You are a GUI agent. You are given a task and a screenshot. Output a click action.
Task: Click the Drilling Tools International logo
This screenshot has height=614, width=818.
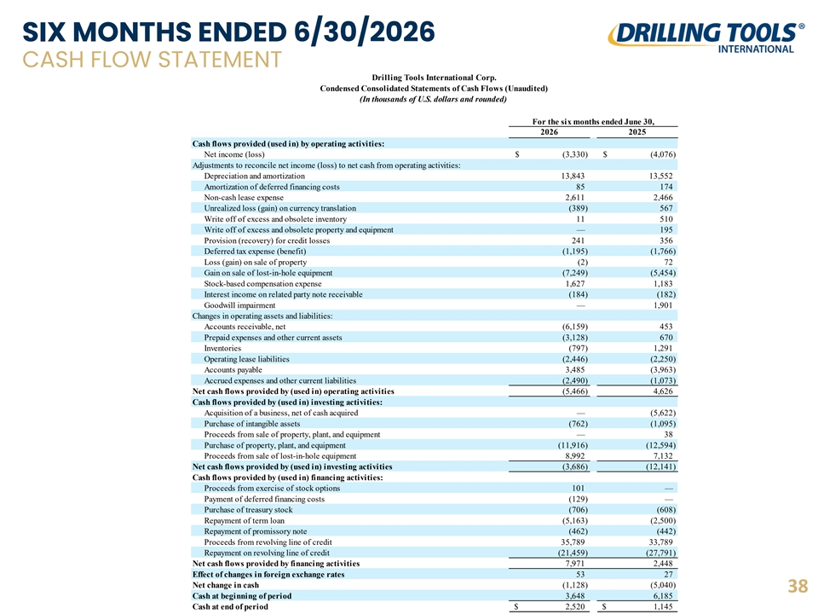pyautogui.click(x=706, y=38)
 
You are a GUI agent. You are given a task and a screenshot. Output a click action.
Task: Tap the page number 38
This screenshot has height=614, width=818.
pyautogui.click(x=798, y=587)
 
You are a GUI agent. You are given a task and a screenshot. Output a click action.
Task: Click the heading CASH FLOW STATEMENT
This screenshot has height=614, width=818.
pyautogui.click(x=152, y=60)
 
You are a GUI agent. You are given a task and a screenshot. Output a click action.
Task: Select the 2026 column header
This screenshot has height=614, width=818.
pyautogui.click(x=550, y=132)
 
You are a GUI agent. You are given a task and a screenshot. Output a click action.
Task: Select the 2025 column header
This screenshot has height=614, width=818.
pyautogui.click(x=637, y=132)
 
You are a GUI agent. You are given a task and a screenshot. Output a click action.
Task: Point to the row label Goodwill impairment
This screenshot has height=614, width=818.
pyautogui.click(x=239, y=305)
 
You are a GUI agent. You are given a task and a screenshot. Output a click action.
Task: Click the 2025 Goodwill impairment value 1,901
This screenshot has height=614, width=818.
pyautogui.click(x=663, y=305)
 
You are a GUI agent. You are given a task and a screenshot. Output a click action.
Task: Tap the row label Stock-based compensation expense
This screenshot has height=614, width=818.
pyautogui.click(x=263, y=284)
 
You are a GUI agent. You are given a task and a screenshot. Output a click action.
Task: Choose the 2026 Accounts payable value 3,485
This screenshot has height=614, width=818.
pyautogui.click(x=575, y=369)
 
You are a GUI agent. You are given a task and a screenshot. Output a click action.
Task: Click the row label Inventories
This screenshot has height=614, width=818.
pyautogui.click(x=222, y=348)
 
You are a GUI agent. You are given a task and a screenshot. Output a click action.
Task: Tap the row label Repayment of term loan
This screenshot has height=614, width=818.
pyautogui.click(x=245, y=520)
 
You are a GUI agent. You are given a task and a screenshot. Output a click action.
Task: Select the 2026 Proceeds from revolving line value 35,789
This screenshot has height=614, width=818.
pyautogui.click(x=573, y=542)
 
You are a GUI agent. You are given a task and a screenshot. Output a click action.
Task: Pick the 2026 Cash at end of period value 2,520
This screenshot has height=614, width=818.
pyautogui.click(x=575, y=606)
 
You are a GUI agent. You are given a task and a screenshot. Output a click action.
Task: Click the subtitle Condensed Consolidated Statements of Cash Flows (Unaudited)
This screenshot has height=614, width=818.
pyautogui.click(x=434, y=89)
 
